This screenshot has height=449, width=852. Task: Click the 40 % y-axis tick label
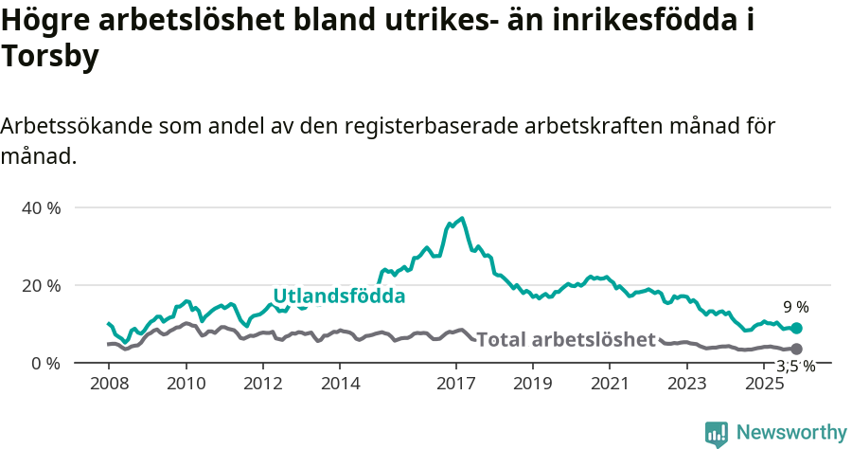point(41,207)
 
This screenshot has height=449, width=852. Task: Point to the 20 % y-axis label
point(41,285)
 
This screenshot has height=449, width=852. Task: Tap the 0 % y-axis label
point(44,363)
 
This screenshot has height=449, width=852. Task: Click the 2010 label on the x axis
point(186,384)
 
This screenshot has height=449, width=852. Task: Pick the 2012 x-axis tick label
point(263,384)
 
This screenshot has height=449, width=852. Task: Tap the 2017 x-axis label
point(456,384)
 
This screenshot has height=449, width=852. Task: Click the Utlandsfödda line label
point(339,296)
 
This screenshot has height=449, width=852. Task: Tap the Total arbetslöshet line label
point(566,339)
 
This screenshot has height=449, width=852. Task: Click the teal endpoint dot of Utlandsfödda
point(796,328)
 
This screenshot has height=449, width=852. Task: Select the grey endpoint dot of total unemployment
point(796,350)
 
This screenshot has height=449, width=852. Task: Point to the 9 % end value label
point(795,307)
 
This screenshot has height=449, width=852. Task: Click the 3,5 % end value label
point(795,367)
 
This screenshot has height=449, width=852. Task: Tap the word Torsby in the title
point(50,58)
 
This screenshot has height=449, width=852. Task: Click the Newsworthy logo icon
point(717,433)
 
